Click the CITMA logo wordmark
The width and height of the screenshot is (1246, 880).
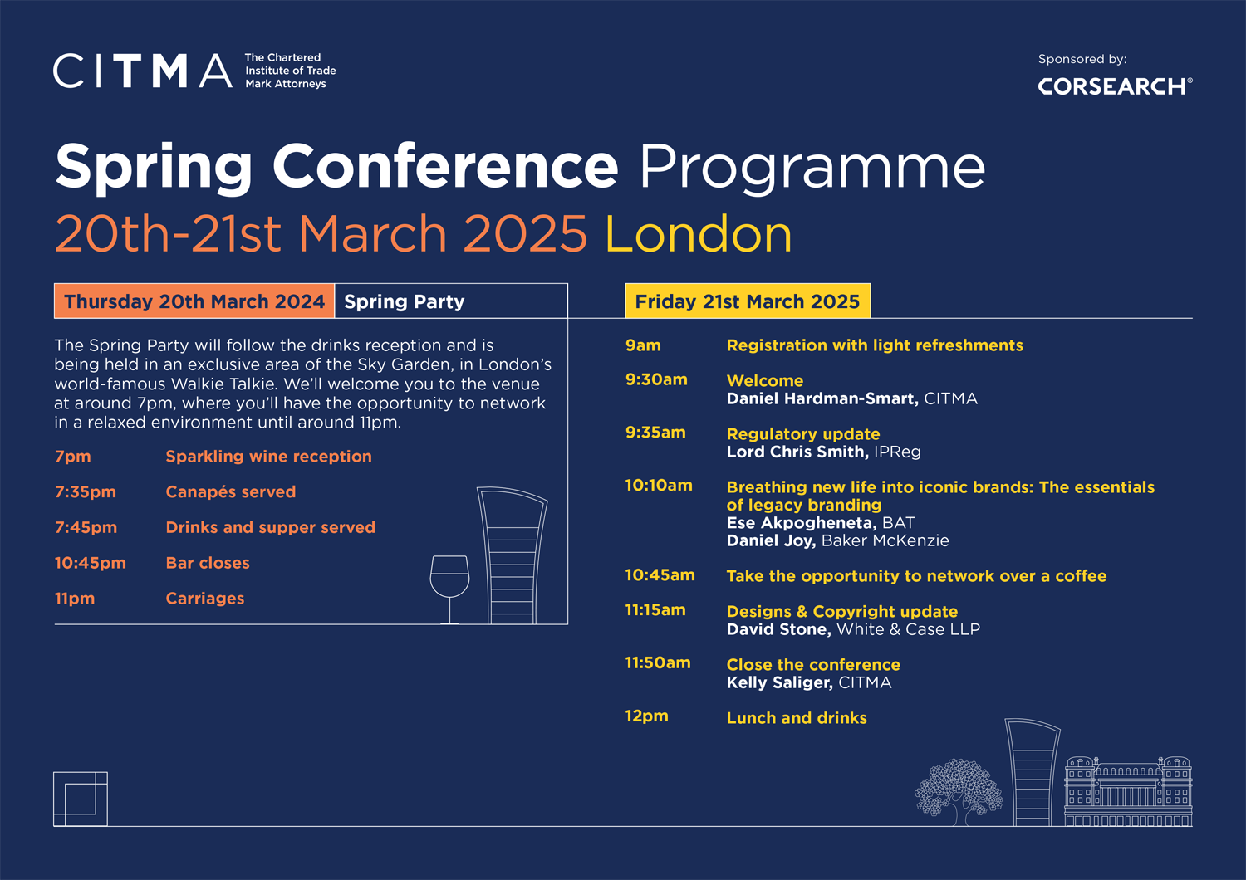[142, 71]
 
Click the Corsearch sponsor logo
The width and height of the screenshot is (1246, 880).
[1115, 86]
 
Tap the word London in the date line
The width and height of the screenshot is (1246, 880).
[698, 234]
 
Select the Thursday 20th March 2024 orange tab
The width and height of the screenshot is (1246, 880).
[194, 301]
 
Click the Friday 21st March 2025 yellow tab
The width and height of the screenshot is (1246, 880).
[747, 301]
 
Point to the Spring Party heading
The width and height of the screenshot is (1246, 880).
[405, 301]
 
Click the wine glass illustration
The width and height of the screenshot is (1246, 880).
[449, 585]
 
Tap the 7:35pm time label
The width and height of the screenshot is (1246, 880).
[86, 491]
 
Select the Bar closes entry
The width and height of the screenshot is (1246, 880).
[208, 563]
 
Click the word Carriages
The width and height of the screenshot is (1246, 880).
[205, 599]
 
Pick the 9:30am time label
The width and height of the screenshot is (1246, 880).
[656, 379]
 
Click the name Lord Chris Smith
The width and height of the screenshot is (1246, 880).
[797, 452]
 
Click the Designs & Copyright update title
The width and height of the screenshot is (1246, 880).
[841, 611]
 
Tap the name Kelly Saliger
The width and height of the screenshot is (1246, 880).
[779, 682]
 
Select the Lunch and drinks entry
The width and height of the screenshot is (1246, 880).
[797, 718]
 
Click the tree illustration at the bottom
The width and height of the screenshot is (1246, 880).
[958, 790]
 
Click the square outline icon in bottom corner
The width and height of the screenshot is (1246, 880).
[81, 799]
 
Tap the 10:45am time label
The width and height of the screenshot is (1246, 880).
[660, 574]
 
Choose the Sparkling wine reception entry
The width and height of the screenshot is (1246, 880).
[268, 457]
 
